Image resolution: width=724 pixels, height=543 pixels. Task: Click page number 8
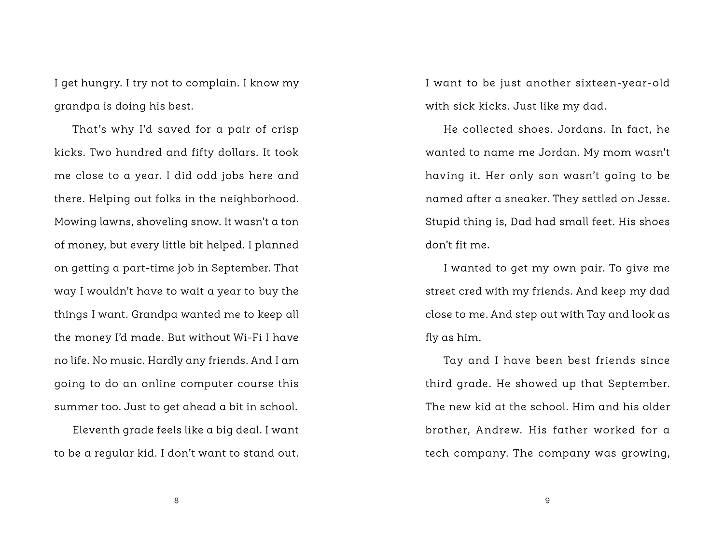point(176,501)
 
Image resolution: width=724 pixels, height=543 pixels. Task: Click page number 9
point(547,501)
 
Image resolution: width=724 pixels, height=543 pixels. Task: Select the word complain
point(212,83)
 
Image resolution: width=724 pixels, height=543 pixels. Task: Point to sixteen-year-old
point(623,83)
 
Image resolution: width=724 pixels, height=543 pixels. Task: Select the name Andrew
point(499,430)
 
